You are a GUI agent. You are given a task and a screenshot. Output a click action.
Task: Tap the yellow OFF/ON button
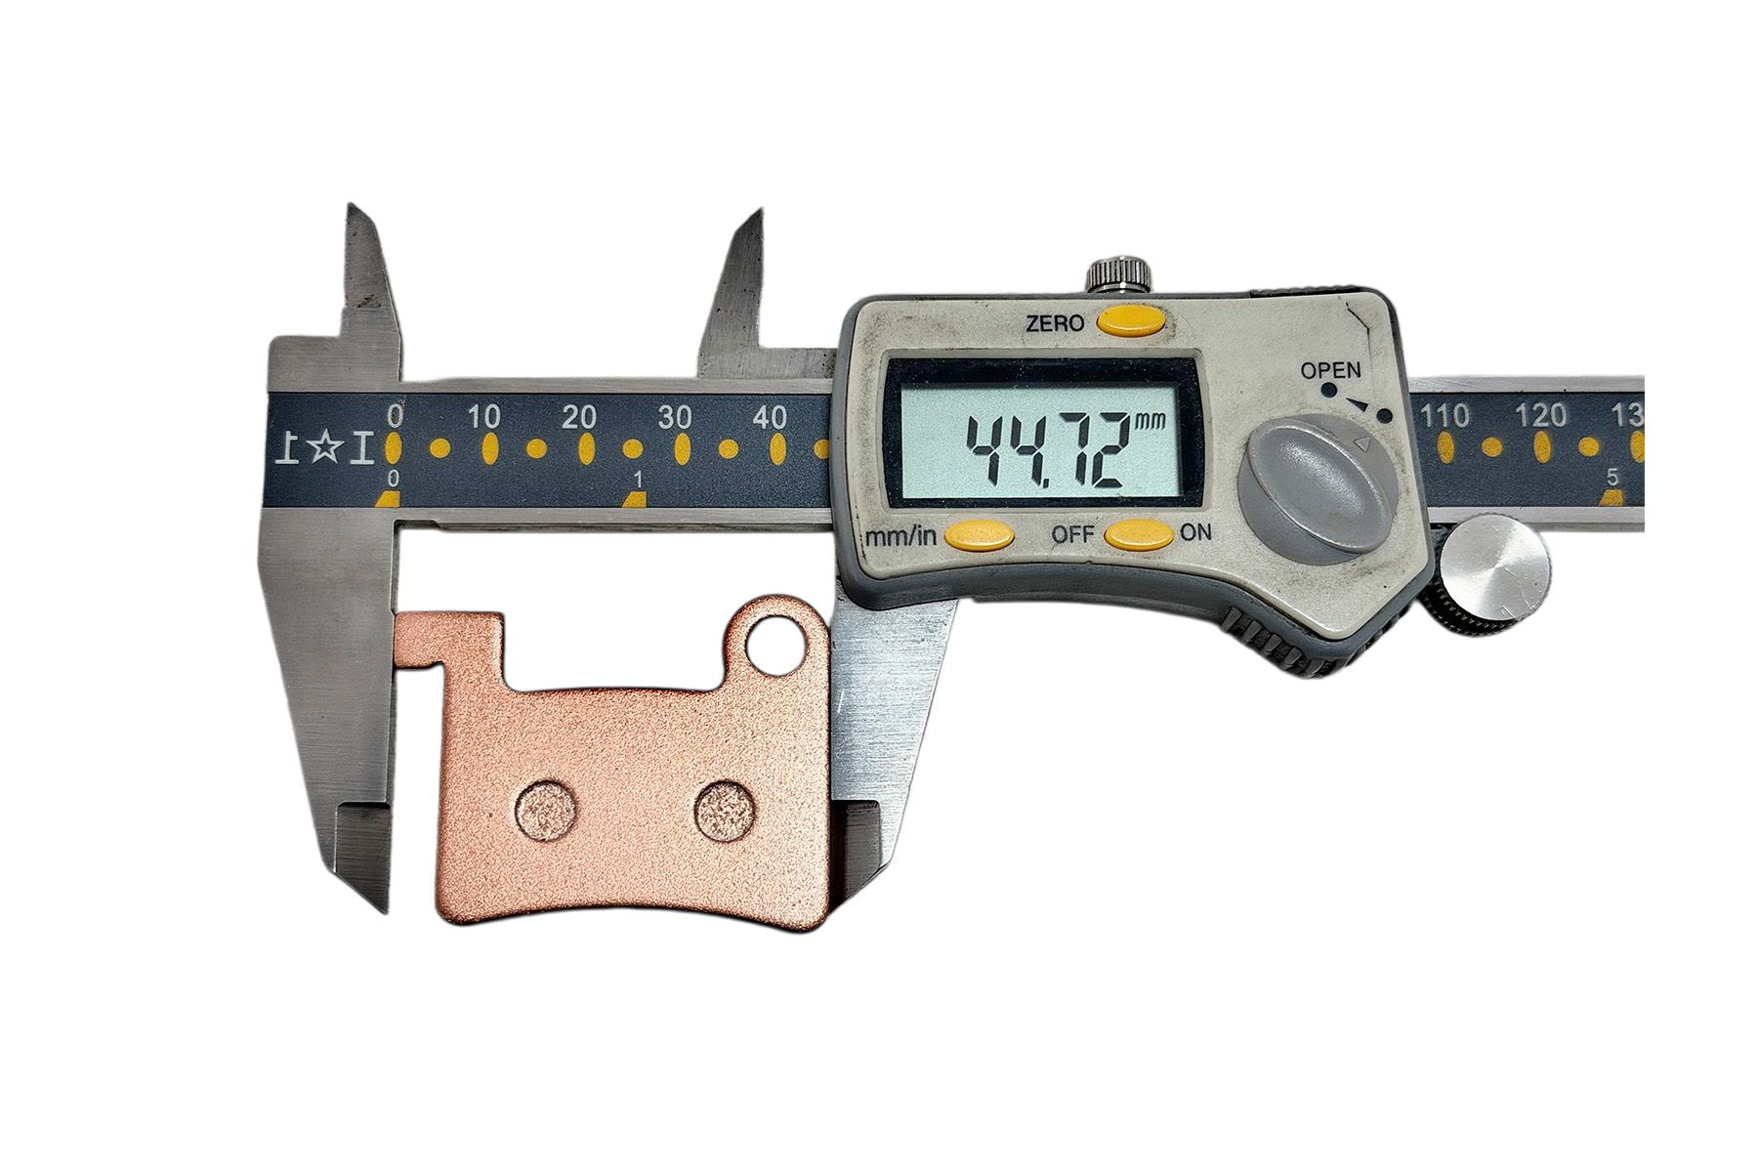pos(1139,533)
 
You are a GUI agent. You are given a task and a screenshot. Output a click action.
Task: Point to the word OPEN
pos(1329,370)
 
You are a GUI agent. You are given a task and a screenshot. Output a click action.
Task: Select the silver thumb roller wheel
pos(1494,570)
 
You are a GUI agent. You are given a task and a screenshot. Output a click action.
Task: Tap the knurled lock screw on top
pos(1119,273)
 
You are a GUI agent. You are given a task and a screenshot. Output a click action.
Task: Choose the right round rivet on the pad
pos(726,809)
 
